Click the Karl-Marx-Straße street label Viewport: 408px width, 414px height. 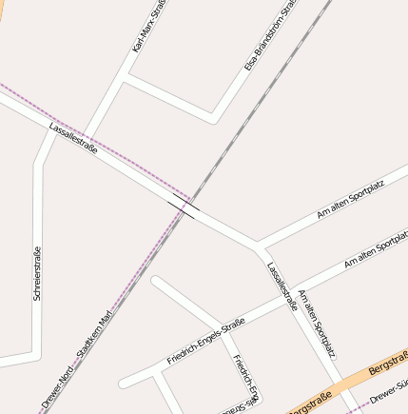(150, 26)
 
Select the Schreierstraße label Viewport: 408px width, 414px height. (37, 274)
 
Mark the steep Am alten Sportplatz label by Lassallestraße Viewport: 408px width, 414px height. (317, 324)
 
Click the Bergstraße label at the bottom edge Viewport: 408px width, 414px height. (310, 403)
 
